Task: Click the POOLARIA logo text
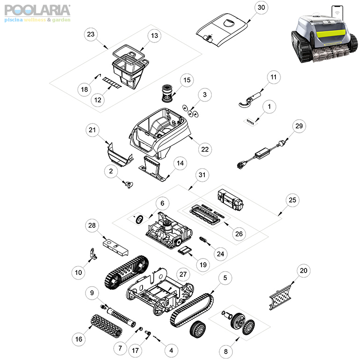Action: (37, 10)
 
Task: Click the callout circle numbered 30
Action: (261, 7)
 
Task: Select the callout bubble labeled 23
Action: (91, 35)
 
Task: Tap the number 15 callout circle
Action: (187, 80)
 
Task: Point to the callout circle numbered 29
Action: (299, 126)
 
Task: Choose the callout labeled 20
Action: (303, 270)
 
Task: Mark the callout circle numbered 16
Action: (79, 339)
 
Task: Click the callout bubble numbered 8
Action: (226, 351)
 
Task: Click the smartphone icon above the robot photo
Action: (337, 13)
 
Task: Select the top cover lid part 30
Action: (222, 29)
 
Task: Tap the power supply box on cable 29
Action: (262, 153)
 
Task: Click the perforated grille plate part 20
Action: (280, 297)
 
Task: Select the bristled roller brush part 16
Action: (106, 326)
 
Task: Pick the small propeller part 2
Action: (129, 184)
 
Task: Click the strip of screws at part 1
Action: (250, 122)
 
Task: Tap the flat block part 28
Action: (115, 247)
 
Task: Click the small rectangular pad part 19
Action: (185, 250)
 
